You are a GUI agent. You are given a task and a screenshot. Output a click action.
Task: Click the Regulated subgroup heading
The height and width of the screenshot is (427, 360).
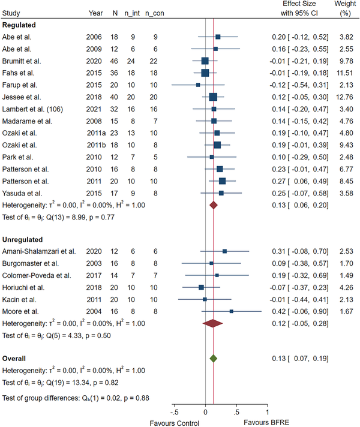pyautogui.click(x=20, y=25)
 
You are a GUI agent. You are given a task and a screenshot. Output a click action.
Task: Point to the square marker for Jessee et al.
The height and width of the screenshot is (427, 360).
pyautogui.click(x=213, y=97)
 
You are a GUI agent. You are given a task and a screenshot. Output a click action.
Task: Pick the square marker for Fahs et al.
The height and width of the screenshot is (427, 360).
pyautogui.click(x=205, y=73)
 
